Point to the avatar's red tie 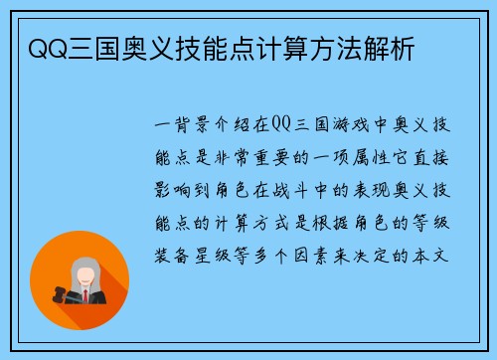pos(85,295)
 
